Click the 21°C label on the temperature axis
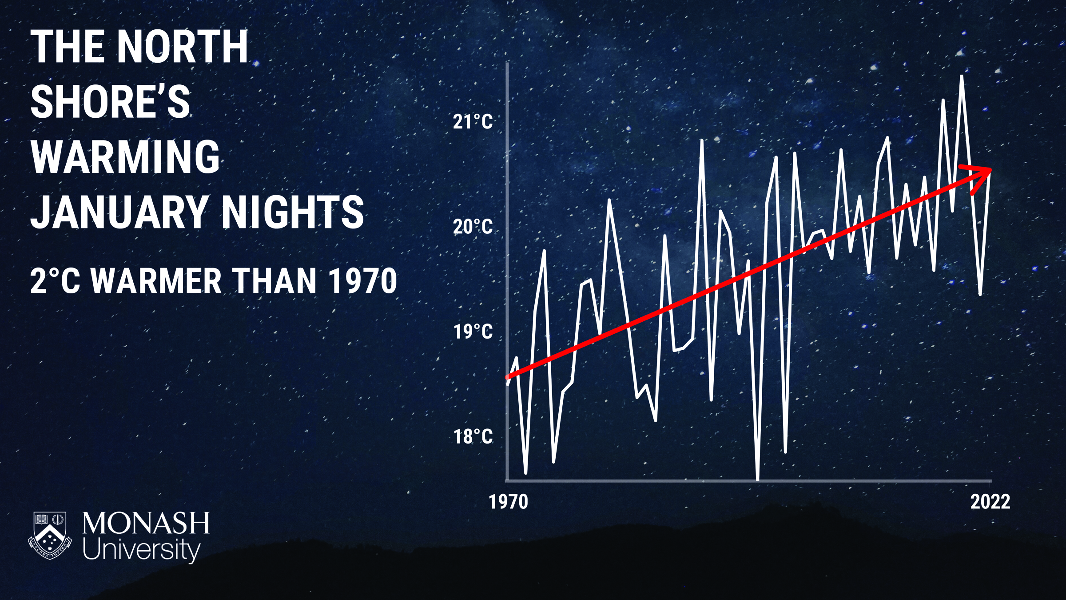(x=473, y=122)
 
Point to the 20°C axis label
(x=473, y=227)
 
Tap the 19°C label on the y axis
(x=473, y=332)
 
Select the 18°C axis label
(x=473, y=436)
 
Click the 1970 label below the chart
(x=509, y=502)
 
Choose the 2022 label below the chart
(x=990, y=502)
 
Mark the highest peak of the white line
(x=962, y=76)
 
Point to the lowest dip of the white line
(x=757, y=479)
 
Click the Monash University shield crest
(x=50, y=535)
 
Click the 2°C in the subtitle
(x=56, y=281)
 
